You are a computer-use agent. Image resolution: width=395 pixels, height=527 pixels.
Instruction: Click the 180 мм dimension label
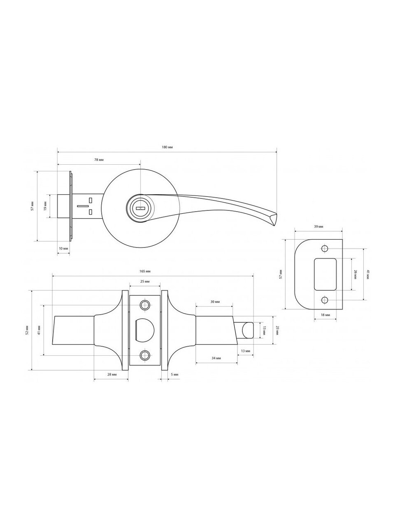167,147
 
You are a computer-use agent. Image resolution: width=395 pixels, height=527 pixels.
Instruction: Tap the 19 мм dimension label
45,206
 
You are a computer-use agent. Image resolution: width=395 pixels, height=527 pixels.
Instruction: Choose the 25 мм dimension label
145,281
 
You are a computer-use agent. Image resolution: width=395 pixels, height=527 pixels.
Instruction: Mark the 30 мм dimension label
215,302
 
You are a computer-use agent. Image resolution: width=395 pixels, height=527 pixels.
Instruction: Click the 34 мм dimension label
216,358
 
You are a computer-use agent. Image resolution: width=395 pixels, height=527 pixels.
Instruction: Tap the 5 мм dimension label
174,375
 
